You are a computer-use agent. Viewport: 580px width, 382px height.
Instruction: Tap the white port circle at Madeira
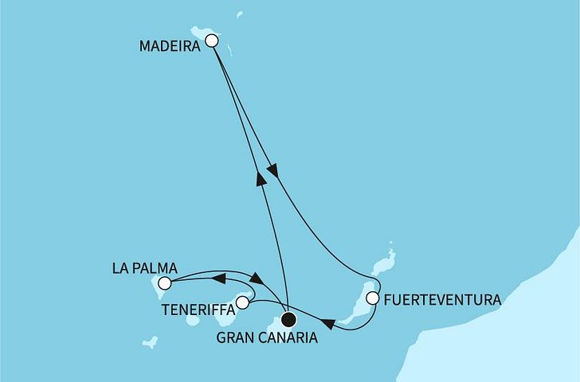click(212, 41)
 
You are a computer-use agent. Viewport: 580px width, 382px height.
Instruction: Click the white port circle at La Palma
click(165, 283)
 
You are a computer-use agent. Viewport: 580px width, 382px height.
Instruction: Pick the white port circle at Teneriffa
click(242, 303)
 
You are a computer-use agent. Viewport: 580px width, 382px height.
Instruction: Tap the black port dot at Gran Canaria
click(288, 320)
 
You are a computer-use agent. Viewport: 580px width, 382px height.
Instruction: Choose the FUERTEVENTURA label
click(441, 301)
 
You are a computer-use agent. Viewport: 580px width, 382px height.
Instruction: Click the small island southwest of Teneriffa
click(194, 321)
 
